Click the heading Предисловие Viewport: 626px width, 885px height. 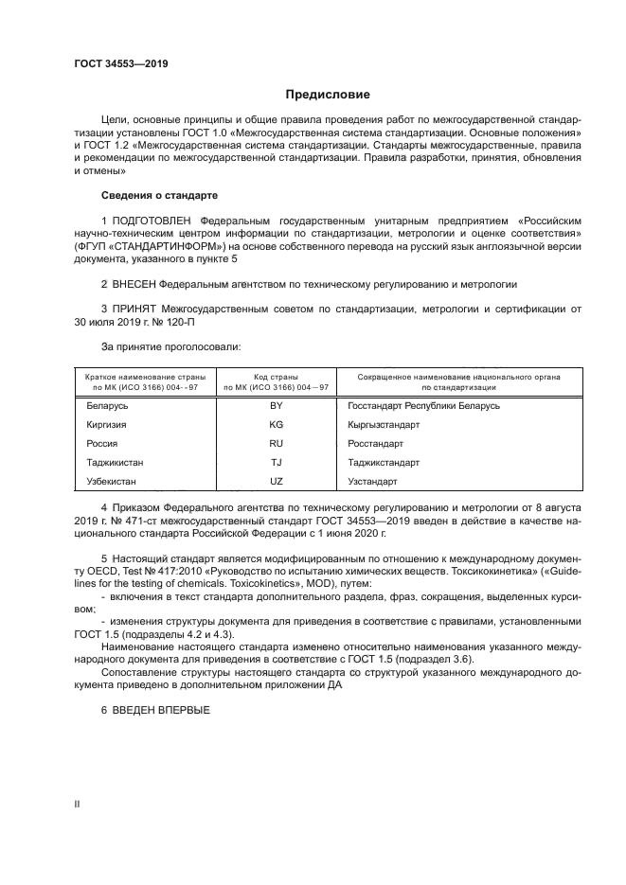point(328,95)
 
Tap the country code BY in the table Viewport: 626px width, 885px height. point(277,406)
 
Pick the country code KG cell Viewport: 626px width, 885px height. point(277,425)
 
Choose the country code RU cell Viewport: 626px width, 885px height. point(277,444)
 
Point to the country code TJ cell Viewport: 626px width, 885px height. point(277,463)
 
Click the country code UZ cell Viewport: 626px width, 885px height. point(277,482)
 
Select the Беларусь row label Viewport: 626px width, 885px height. point(107,406)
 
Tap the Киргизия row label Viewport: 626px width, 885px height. point(106,425)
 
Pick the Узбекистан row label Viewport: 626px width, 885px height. point(111,482)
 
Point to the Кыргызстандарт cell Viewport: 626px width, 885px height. point(384,425)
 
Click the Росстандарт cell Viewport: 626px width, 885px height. point(376,444)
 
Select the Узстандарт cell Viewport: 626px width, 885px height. point(373,482)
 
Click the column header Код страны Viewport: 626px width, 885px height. point(277,377)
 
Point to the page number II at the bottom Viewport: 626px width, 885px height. point(77,804)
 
